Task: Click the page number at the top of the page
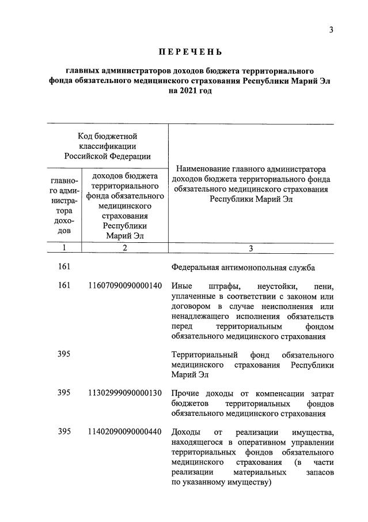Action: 331,30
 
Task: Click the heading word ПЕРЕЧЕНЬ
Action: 184,52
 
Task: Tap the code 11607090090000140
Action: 125,286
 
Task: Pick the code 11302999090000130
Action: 125,393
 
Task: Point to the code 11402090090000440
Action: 125,432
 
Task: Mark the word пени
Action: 321,286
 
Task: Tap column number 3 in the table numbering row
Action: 251,248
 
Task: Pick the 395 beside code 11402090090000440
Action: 64,432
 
